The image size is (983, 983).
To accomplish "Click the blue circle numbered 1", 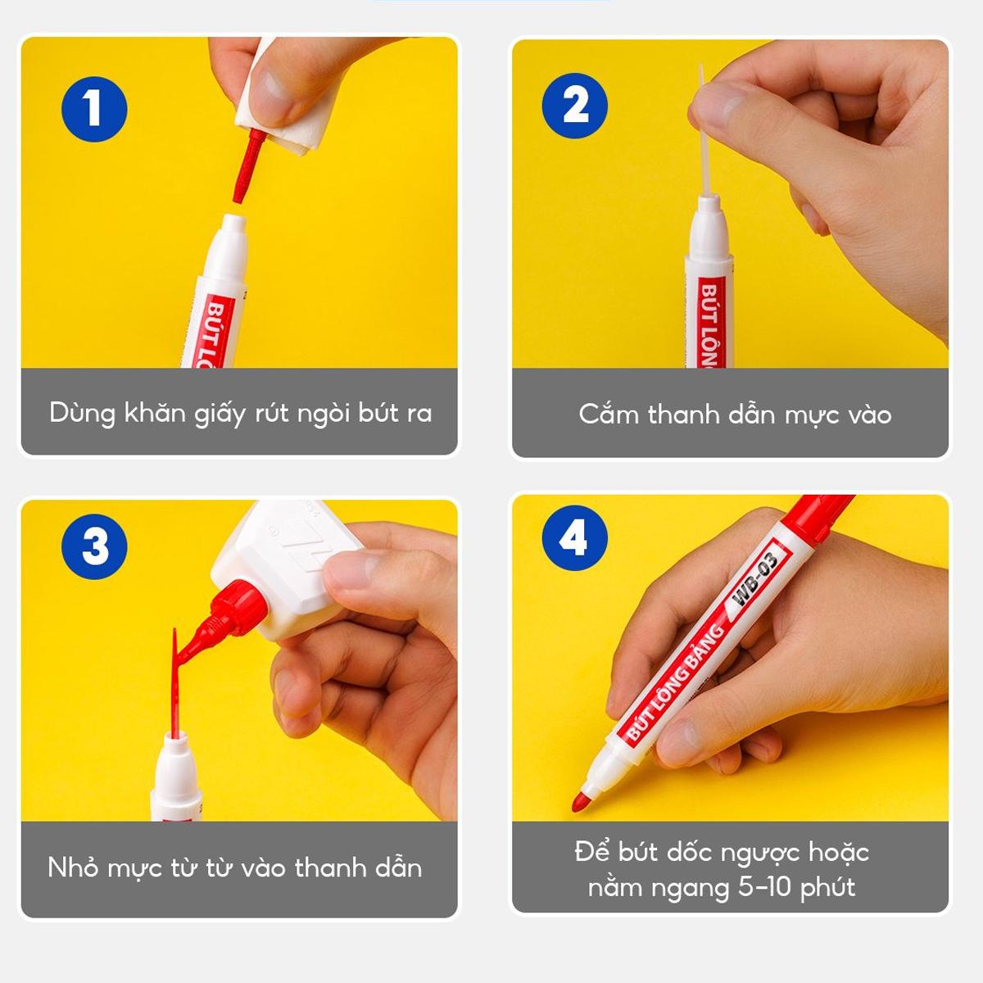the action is click(x=94, y=109).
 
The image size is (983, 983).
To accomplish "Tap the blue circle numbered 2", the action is click(x=575, y=106).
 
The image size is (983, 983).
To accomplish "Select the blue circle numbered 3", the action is click(x=94, y=546).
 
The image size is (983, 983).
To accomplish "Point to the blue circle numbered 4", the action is click(x=575, y=538).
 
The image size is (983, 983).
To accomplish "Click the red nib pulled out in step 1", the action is click(x=247, y=166).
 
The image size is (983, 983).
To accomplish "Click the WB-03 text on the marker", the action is click(x=755, y=578).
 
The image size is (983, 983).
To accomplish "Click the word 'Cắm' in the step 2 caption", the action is click(x=609, y=414).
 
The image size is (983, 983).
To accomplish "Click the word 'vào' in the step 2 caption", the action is click(x=870, y=414).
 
